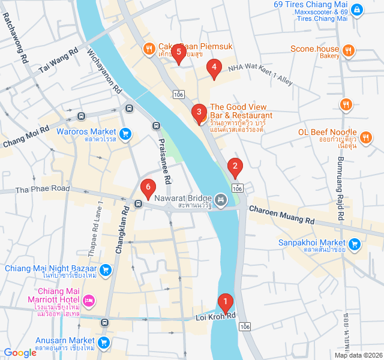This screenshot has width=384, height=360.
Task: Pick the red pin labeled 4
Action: (214, 69)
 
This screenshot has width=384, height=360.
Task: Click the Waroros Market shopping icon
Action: (125, 133)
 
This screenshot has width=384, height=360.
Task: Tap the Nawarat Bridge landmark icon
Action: (221, 199)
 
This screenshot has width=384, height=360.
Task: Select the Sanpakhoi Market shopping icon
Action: (355, 244)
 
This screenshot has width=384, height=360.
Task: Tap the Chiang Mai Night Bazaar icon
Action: (106, 269)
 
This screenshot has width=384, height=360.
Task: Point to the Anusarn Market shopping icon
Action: (104, 343)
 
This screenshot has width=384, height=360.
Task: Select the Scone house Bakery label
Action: (315, 49)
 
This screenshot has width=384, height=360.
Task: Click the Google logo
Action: (20, 353)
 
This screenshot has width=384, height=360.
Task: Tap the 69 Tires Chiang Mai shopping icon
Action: (357, 10)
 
